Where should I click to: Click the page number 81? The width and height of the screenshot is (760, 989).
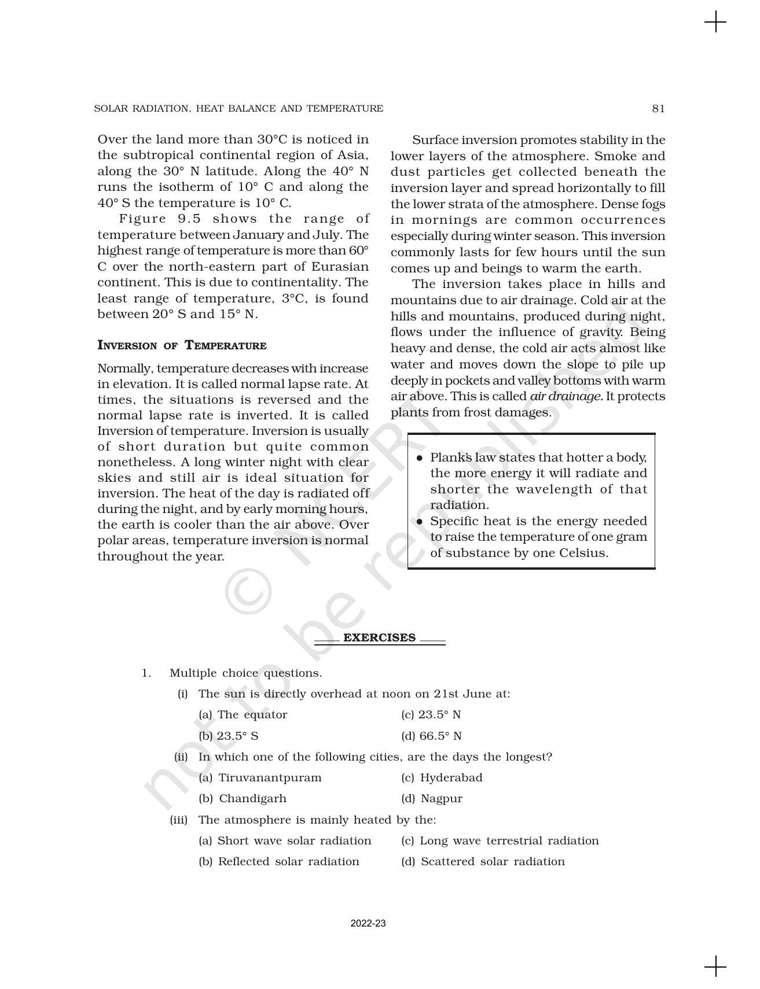(658, 109)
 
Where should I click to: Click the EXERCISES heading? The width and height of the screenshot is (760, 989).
(379, 638)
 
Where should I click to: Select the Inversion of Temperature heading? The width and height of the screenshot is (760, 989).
(182, 346)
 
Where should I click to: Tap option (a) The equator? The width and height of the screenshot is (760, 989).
(243, 715)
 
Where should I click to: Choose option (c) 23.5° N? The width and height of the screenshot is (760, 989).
(431, 715)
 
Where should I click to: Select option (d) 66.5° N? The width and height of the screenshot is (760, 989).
(431, 736)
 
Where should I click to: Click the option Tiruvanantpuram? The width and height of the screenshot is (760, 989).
(260, 778)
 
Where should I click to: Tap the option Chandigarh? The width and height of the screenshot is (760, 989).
(243, 799)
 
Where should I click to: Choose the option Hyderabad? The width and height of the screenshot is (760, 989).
(442, 778)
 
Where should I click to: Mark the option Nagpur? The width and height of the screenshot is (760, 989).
(432, 799)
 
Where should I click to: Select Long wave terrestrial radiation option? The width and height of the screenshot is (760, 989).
(500, 841)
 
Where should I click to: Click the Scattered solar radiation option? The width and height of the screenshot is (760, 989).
(483, 862)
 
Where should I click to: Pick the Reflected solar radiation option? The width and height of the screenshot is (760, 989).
(278, 862)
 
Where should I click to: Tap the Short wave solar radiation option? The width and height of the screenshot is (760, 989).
(285, 841)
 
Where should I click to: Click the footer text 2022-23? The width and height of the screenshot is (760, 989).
(368, 924)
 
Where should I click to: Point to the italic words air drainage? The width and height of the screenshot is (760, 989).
(566, 397)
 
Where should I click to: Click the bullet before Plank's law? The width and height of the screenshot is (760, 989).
(420, 458)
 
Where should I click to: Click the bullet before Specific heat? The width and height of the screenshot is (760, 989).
(420, 522)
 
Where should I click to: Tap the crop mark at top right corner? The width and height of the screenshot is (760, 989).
(716, 22)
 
